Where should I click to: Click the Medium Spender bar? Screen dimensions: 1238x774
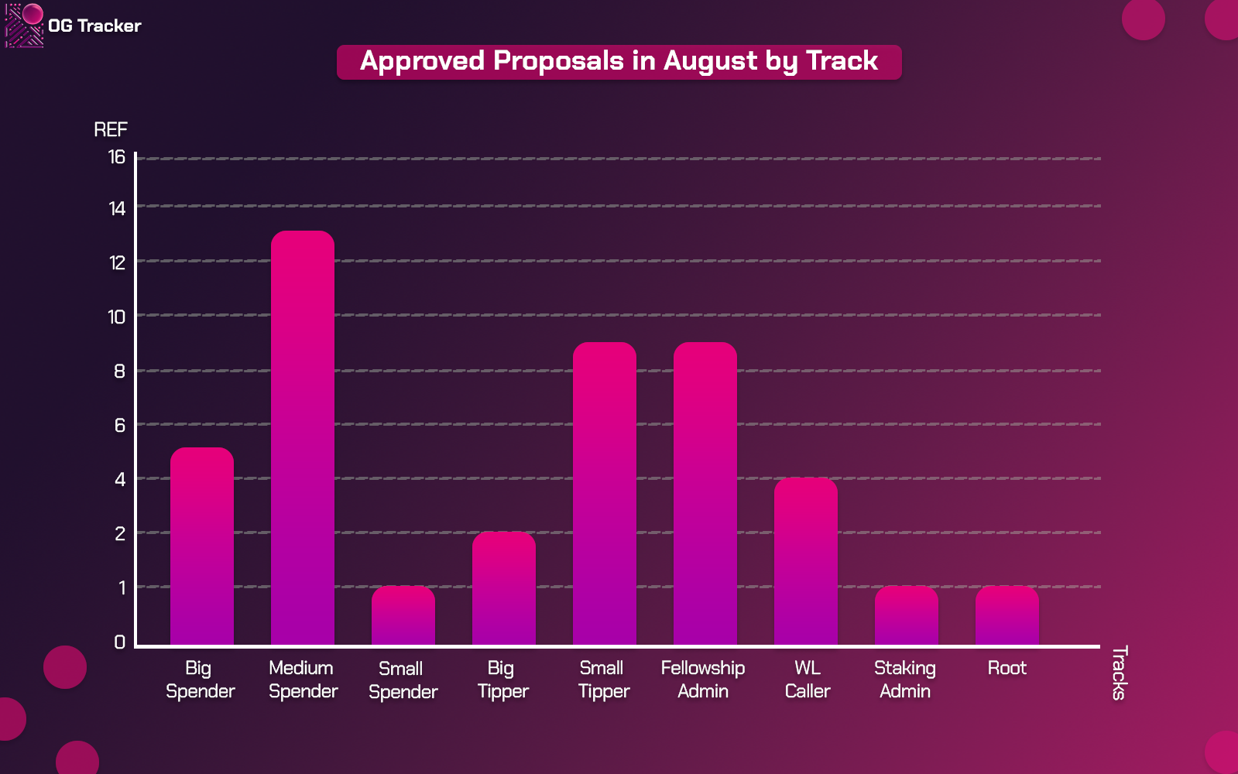pyautogui.click(x=302, y=437)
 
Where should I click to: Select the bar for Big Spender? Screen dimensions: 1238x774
pyautogui.click(x=202, y=546)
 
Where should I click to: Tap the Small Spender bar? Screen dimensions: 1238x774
pyautogui.click(x=403, y=615)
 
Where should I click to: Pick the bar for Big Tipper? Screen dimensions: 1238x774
pyautogui.click(x=503, y=587)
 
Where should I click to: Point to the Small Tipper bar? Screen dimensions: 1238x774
pyautogui.click(x=604, y=493)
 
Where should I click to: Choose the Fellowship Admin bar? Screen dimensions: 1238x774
pyautogui.click(x=705, y=493)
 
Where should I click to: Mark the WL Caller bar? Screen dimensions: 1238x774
pyautogui.click(x=805, y=560)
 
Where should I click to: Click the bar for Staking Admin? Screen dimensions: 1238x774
pyautogui.click(x=906, y=615)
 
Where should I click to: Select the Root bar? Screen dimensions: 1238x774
pyautogui.click(x=1007, y=615)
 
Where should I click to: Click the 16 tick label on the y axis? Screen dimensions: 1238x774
pyautogui.click(x=117, y=157)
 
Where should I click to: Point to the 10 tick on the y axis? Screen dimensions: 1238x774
pyautogui.click(x=117, y=317)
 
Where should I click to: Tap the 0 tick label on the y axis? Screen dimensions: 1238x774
pyautogui.click(x=119, y=642)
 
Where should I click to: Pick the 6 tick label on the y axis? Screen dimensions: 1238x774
pyautogui.click(x=119, y=426)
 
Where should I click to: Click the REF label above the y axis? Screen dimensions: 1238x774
pyautogui.click(x=111, y=129)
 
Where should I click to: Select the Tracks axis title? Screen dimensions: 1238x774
pyautogui.click(x=1120, y=673)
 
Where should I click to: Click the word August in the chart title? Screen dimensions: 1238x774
pyautogui.click(x=710, y=61)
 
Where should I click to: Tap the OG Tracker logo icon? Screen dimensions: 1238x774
pyautogui.click(x=24, y=25)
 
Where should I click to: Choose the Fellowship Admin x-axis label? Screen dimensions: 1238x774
pyautogui.click(x=703, y=680)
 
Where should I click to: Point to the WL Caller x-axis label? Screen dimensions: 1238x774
pyautogui.click(x=808, y=680)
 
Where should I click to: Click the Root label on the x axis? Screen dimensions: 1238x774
pyautogui.click(x=1007, y=668)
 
